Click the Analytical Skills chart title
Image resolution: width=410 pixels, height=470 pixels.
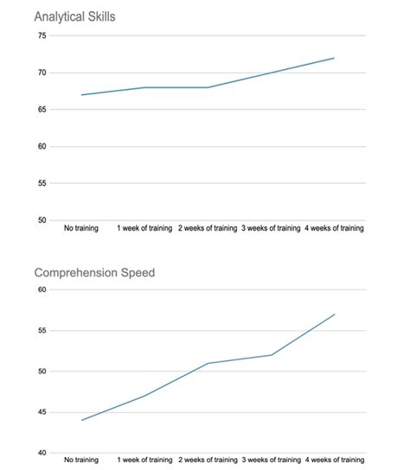75,16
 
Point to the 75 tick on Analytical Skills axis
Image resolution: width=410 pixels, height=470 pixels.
42,35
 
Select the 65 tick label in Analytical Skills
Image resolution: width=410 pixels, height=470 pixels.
42,110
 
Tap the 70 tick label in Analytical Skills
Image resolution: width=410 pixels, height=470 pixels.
42,73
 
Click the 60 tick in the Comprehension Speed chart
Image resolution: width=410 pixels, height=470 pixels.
42,290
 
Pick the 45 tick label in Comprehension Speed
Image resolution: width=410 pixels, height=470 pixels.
42,412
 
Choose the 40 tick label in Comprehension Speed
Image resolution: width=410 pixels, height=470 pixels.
42,453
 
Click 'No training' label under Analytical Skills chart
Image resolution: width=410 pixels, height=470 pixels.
81,230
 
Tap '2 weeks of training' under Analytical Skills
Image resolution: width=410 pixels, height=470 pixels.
208,230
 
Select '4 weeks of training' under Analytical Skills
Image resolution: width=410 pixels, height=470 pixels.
334,230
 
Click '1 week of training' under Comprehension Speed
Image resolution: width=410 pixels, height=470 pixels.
144,459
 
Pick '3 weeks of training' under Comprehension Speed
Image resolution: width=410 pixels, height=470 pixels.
271,459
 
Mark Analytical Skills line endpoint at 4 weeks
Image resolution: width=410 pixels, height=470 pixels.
334,58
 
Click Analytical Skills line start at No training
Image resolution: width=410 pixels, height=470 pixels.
81,95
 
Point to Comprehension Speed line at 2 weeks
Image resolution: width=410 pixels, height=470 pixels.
208,363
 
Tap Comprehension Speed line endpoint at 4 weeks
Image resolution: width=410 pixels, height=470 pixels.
334,314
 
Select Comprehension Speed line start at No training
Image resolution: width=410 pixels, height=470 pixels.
81,420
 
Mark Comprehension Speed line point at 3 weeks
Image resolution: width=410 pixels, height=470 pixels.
271,355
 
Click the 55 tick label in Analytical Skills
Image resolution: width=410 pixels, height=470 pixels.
42,183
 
